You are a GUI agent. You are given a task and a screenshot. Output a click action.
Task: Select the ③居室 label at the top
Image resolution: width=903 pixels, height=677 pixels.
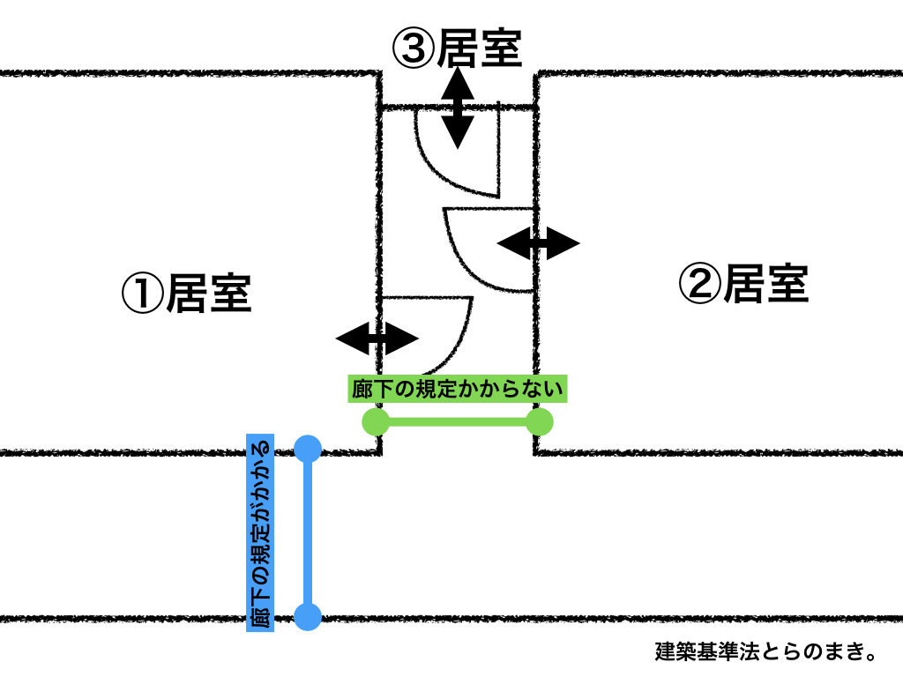458,48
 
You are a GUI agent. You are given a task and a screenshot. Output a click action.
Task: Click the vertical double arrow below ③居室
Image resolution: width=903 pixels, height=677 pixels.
457,108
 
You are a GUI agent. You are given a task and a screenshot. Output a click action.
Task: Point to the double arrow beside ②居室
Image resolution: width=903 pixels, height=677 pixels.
539,242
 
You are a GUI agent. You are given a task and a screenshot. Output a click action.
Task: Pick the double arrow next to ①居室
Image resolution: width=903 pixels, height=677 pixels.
377,337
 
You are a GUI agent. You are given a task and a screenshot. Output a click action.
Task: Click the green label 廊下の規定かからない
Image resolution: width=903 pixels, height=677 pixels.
457,389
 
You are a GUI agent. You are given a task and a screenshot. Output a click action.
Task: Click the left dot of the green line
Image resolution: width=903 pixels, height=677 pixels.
376,421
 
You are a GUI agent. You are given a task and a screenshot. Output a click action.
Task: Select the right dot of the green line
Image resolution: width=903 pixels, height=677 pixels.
539,421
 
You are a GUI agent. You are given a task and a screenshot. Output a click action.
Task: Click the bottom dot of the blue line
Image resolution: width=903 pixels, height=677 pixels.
308,616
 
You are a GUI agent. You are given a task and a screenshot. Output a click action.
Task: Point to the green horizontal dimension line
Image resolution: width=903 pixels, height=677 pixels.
457,421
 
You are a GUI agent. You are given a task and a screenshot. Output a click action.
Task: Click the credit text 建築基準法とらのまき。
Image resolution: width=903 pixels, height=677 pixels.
765,653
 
